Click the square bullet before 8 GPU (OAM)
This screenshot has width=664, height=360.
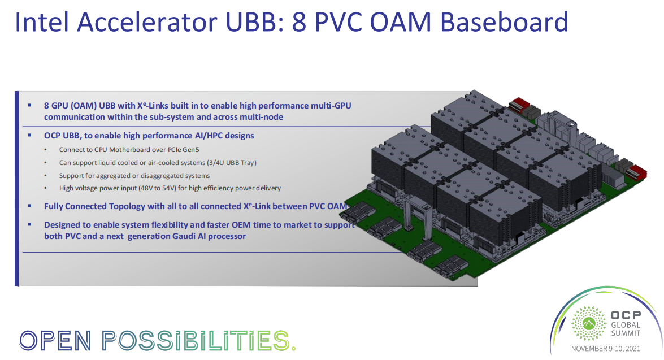29,106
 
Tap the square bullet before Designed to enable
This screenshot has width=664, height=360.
29,224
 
